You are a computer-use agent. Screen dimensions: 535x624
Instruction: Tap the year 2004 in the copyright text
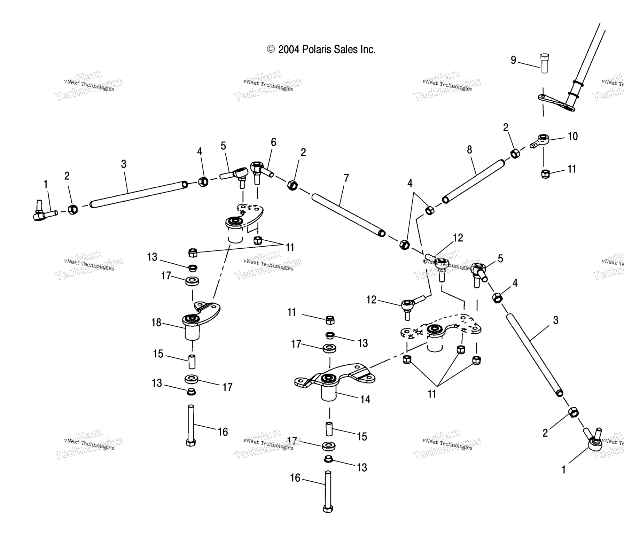(289, 49)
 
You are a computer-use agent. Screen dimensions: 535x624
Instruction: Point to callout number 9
(513, 60)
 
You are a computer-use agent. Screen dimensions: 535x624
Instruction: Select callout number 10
(573, 136)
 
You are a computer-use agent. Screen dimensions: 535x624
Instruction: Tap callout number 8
(469, 150)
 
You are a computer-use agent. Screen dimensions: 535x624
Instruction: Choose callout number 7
(346, 178)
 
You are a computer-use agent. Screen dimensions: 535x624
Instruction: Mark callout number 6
(273, 142)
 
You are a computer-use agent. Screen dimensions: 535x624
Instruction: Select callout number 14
(365, 399)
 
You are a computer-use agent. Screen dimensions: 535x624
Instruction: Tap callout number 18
(156, 323)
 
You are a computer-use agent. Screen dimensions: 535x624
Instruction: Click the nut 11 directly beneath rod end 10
(545, 173)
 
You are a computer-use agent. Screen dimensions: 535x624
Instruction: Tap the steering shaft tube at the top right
(588, 59)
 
